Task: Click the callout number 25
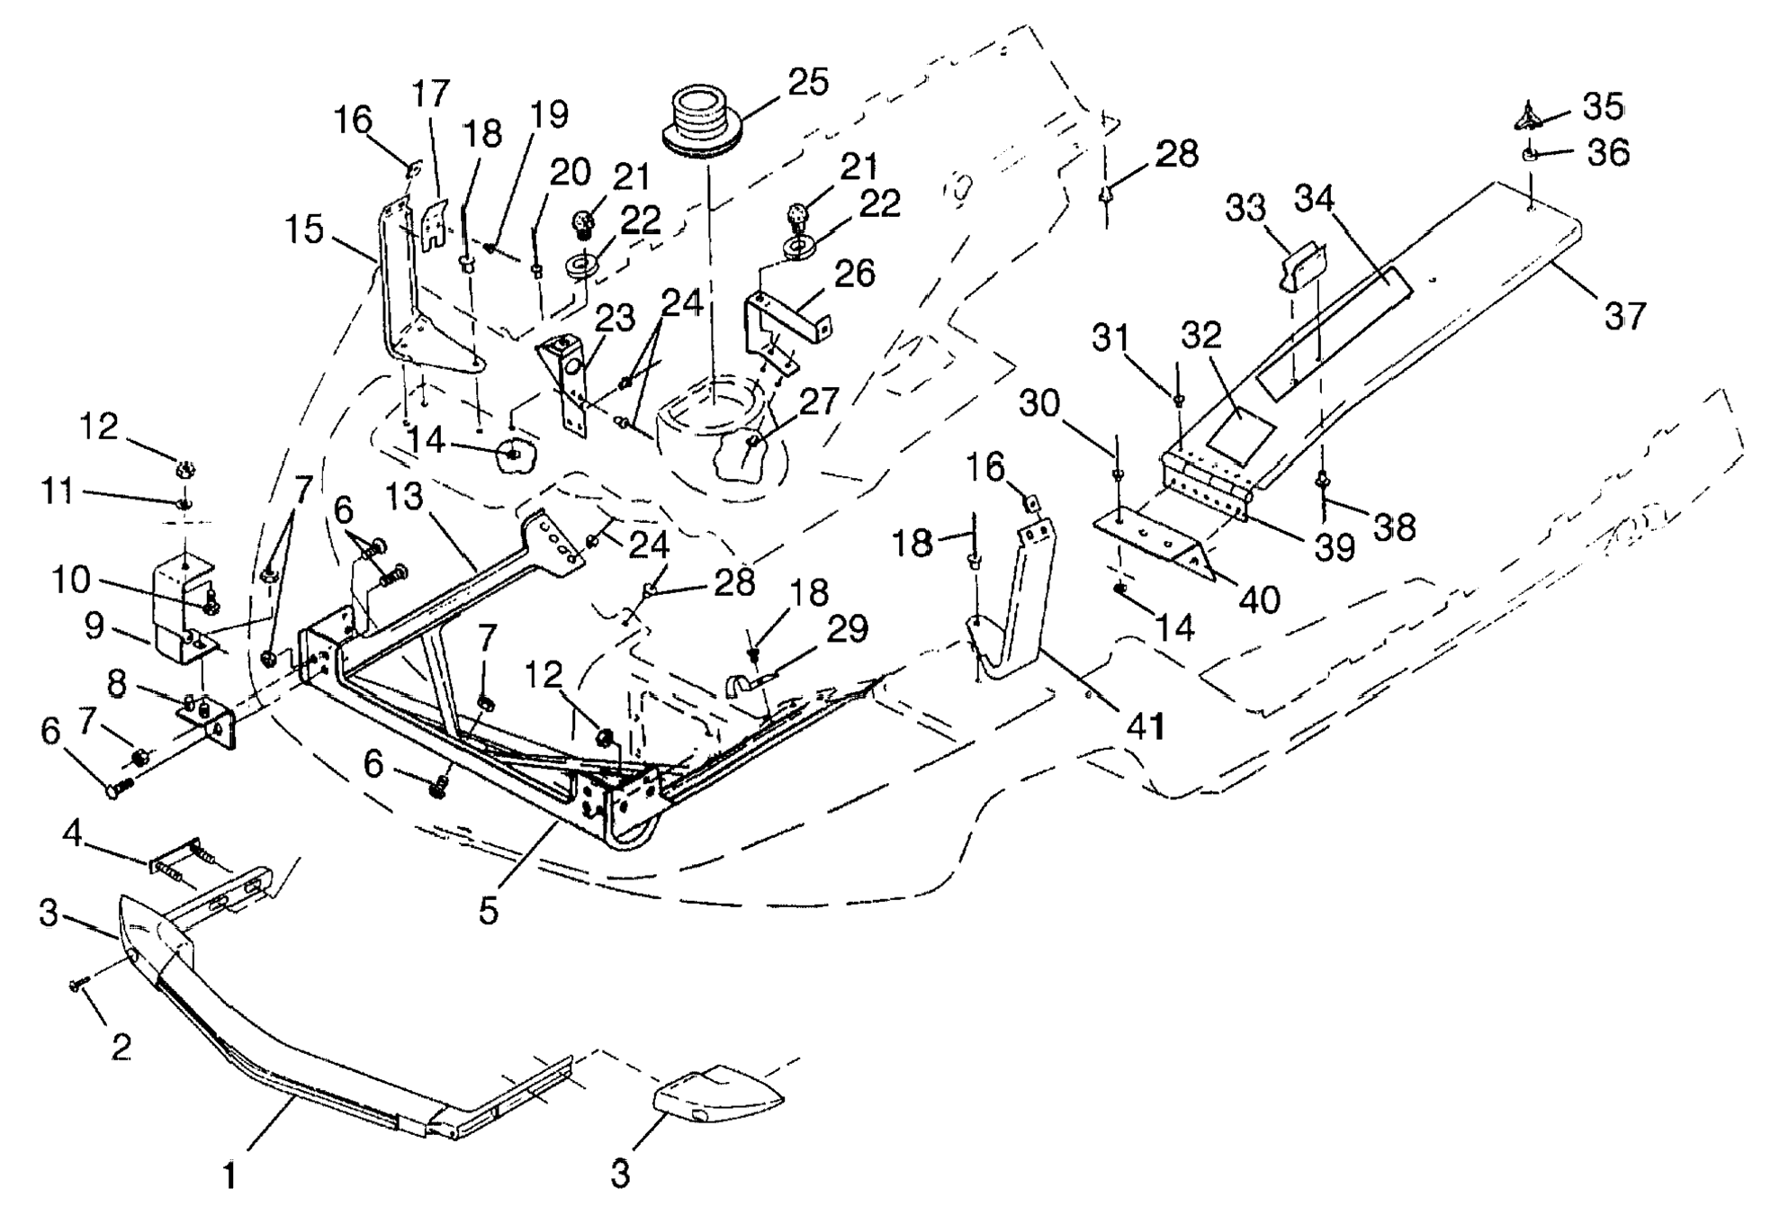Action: coord(808,82)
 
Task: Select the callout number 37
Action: coord(1624,316)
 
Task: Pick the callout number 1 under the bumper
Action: coord(230,1175)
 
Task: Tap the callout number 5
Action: coord(488,911)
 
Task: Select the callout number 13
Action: coord(405,496)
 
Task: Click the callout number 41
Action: coord(1145,725)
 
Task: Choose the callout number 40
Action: coord(1259,599)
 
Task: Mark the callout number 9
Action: coord(95,626)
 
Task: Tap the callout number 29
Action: coord(848,629)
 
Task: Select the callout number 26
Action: coord(854,273)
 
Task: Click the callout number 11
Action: coord(57,492)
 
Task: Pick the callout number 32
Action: coord(1201,335)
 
